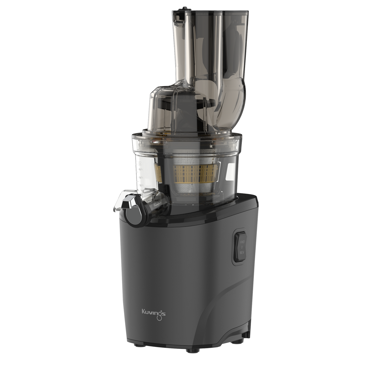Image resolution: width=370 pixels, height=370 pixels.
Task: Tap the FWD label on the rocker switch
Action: click(x=242, y=242)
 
